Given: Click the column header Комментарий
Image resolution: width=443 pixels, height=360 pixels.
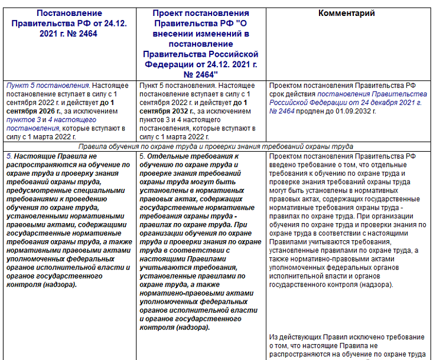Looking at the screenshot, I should tap(347, 14).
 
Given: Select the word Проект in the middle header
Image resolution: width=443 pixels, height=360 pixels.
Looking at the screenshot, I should tap(167, 13).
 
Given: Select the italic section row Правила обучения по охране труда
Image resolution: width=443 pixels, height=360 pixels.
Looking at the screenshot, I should tap(220, 146).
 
